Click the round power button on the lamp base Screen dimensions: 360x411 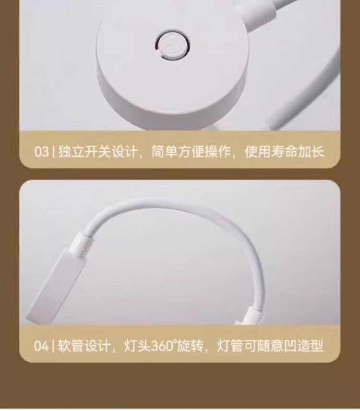(173, 45)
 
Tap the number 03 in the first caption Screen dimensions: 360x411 (42, 152)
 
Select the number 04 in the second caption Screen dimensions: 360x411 (41, 346)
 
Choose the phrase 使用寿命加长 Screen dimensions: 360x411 (285, 152)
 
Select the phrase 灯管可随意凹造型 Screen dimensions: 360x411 (270, 346)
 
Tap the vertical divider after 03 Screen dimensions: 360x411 (53, 152)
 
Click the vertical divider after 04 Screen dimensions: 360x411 (53, 346)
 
